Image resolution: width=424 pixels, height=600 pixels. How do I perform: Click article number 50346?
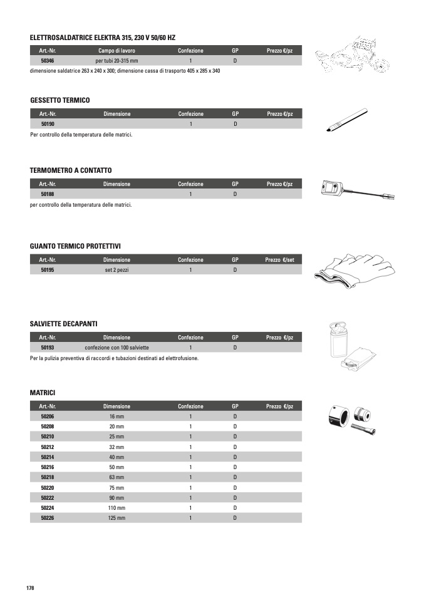48,61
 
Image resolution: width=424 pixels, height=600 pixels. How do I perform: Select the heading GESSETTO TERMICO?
60,100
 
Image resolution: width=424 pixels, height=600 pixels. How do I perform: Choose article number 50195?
48,270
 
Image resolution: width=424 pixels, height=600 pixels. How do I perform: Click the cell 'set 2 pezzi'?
116,270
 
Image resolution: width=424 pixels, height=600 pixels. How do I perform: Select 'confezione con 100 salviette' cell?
116,347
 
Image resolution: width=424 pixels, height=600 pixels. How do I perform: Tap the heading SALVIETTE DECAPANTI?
63,323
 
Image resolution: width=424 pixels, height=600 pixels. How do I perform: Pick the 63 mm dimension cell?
116,477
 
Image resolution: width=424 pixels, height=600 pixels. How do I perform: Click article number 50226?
48,518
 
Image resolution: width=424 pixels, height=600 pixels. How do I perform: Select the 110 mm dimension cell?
116,508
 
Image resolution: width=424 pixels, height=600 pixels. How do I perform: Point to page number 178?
29,587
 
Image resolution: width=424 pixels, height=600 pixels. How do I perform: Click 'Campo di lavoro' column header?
116,50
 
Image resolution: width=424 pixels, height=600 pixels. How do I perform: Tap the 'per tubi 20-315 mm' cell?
116,61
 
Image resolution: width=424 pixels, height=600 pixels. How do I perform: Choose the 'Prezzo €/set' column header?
279,259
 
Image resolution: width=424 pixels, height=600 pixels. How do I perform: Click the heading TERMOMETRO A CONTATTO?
71,170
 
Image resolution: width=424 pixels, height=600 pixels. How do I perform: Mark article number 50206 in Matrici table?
48,416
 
